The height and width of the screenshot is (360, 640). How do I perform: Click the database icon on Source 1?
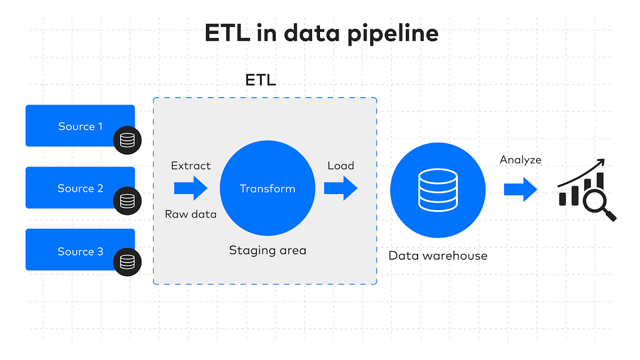127,140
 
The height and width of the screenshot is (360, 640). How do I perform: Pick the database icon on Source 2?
127,201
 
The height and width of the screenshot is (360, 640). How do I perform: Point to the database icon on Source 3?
127,262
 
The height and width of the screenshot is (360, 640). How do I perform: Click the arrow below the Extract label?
190,188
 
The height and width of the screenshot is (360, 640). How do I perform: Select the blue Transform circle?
267,189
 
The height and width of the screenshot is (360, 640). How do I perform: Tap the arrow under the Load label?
340,188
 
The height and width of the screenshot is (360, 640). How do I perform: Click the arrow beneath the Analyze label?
521,189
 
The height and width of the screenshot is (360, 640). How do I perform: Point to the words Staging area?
267,250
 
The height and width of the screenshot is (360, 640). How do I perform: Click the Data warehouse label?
438,255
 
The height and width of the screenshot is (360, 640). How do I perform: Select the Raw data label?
190,214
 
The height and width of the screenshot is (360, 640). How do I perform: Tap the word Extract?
190,166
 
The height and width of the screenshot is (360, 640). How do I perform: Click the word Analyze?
521,159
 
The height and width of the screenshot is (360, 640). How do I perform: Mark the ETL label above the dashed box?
260,81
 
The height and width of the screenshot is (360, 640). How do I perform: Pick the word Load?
340,166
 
